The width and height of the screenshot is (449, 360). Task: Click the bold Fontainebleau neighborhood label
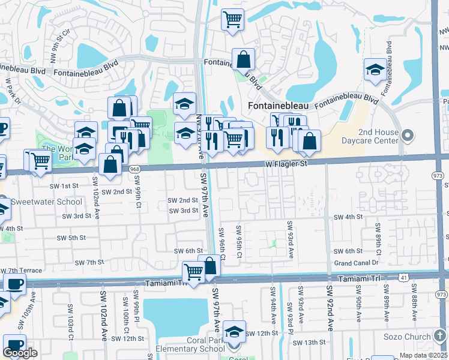(278, 106)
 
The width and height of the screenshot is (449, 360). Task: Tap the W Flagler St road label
(286, 163)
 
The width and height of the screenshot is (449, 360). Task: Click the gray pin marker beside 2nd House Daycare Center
(408, 136)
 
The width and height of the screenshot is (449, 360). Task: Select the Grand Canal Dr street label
(357, 263)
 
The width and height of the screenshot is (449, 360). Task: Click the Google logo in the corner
(20, 353)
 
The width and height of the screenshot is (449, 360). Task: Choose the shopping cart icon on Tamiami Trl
(193, 272)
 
